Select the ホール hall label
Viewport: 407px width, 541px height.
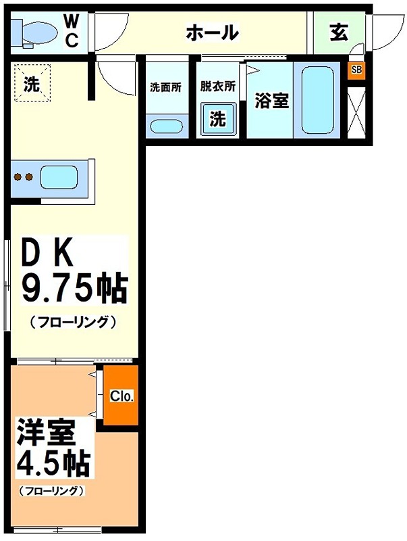[x=212, y=31]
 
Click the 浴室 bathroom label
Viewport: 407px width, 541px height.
[x=271, y=101]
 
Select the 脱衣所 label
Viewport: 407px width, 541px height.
[x=217, y=87]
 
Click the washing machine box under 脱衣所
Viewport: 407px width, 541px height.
[x=217, y=119]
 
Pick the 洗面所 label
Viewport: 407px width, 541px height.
[x=165, y=87]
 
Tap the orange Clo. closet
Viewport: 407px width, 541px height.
[x=121, y=396]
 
